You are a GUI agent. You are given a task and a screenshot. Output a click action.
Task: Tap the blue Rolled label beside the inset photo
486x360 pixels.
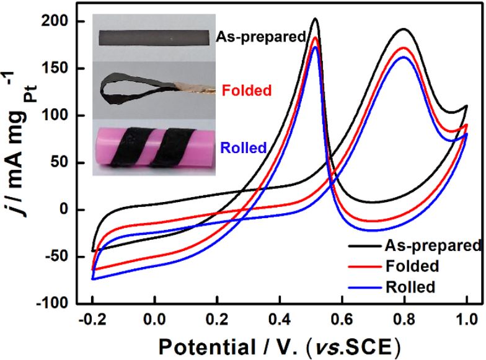(243, 148)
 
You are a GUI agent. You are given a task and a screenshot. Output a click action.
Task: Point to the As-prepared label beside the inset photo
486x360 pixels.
(261, 37)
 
